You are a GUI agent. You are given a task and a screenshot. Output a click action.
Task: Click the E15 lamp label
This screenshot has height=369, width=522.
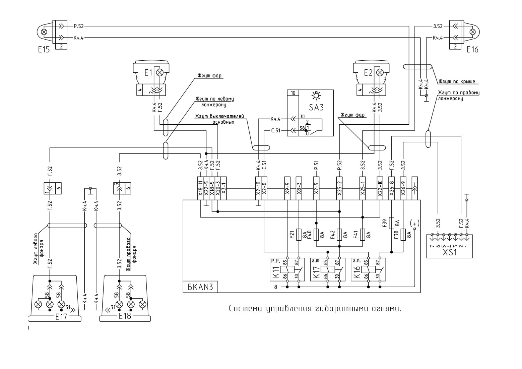[44, 50]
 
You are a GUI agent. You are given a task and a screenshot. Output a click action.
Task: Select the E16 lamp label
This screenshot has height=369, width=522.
[472, 50]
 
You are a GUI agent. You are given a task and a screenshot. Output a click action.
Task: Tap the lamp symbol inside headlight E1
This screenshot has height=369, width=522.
[159, 73]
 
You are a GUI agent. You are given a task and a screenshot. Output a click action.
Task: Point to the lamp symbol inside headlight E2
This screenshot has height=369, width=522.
[380, 73]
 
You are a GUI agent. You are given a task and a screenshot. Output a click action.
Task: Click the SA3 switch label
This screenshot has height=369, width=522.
[316, 108]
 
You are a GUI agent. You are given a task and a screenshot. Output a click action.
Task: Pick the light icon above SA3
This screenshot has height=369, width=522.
[316, 95]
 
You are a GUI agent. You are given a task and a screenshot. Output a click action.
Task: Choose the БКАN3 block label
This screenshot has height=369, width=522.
[200, 287]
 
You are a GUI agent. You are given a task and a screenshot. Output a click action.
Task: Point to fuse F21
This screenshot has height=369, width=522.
[299, 235]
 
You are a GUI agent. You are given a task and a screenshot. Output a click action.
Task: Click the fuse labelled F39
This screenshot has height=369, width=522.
[392, 223]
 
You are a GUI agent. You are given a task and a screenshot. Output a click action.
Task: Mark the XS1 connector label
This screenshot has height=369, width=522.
[449, 252]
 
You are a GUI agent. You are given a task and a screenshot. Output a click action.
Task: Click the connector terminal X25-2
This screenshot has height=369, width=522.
[339, 188]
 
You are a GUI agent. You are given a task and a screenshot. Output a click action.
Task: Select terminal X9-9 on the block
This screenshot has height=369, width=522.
[287, 188]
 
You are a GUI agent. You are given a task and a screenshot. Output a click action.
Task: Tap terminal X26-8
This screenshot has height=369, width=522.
[391, 188]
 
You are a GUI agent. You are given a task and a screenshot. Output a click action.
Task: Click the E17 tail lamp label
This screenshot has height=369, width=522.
[61, 317]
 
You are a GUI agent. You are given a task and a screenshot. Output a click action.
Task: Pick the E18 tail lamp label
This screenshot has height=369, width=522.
[125, 316]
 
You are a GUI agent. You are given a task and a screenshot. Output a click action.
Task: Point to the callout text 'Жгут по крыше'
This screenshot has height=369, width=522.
[457, 81]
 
